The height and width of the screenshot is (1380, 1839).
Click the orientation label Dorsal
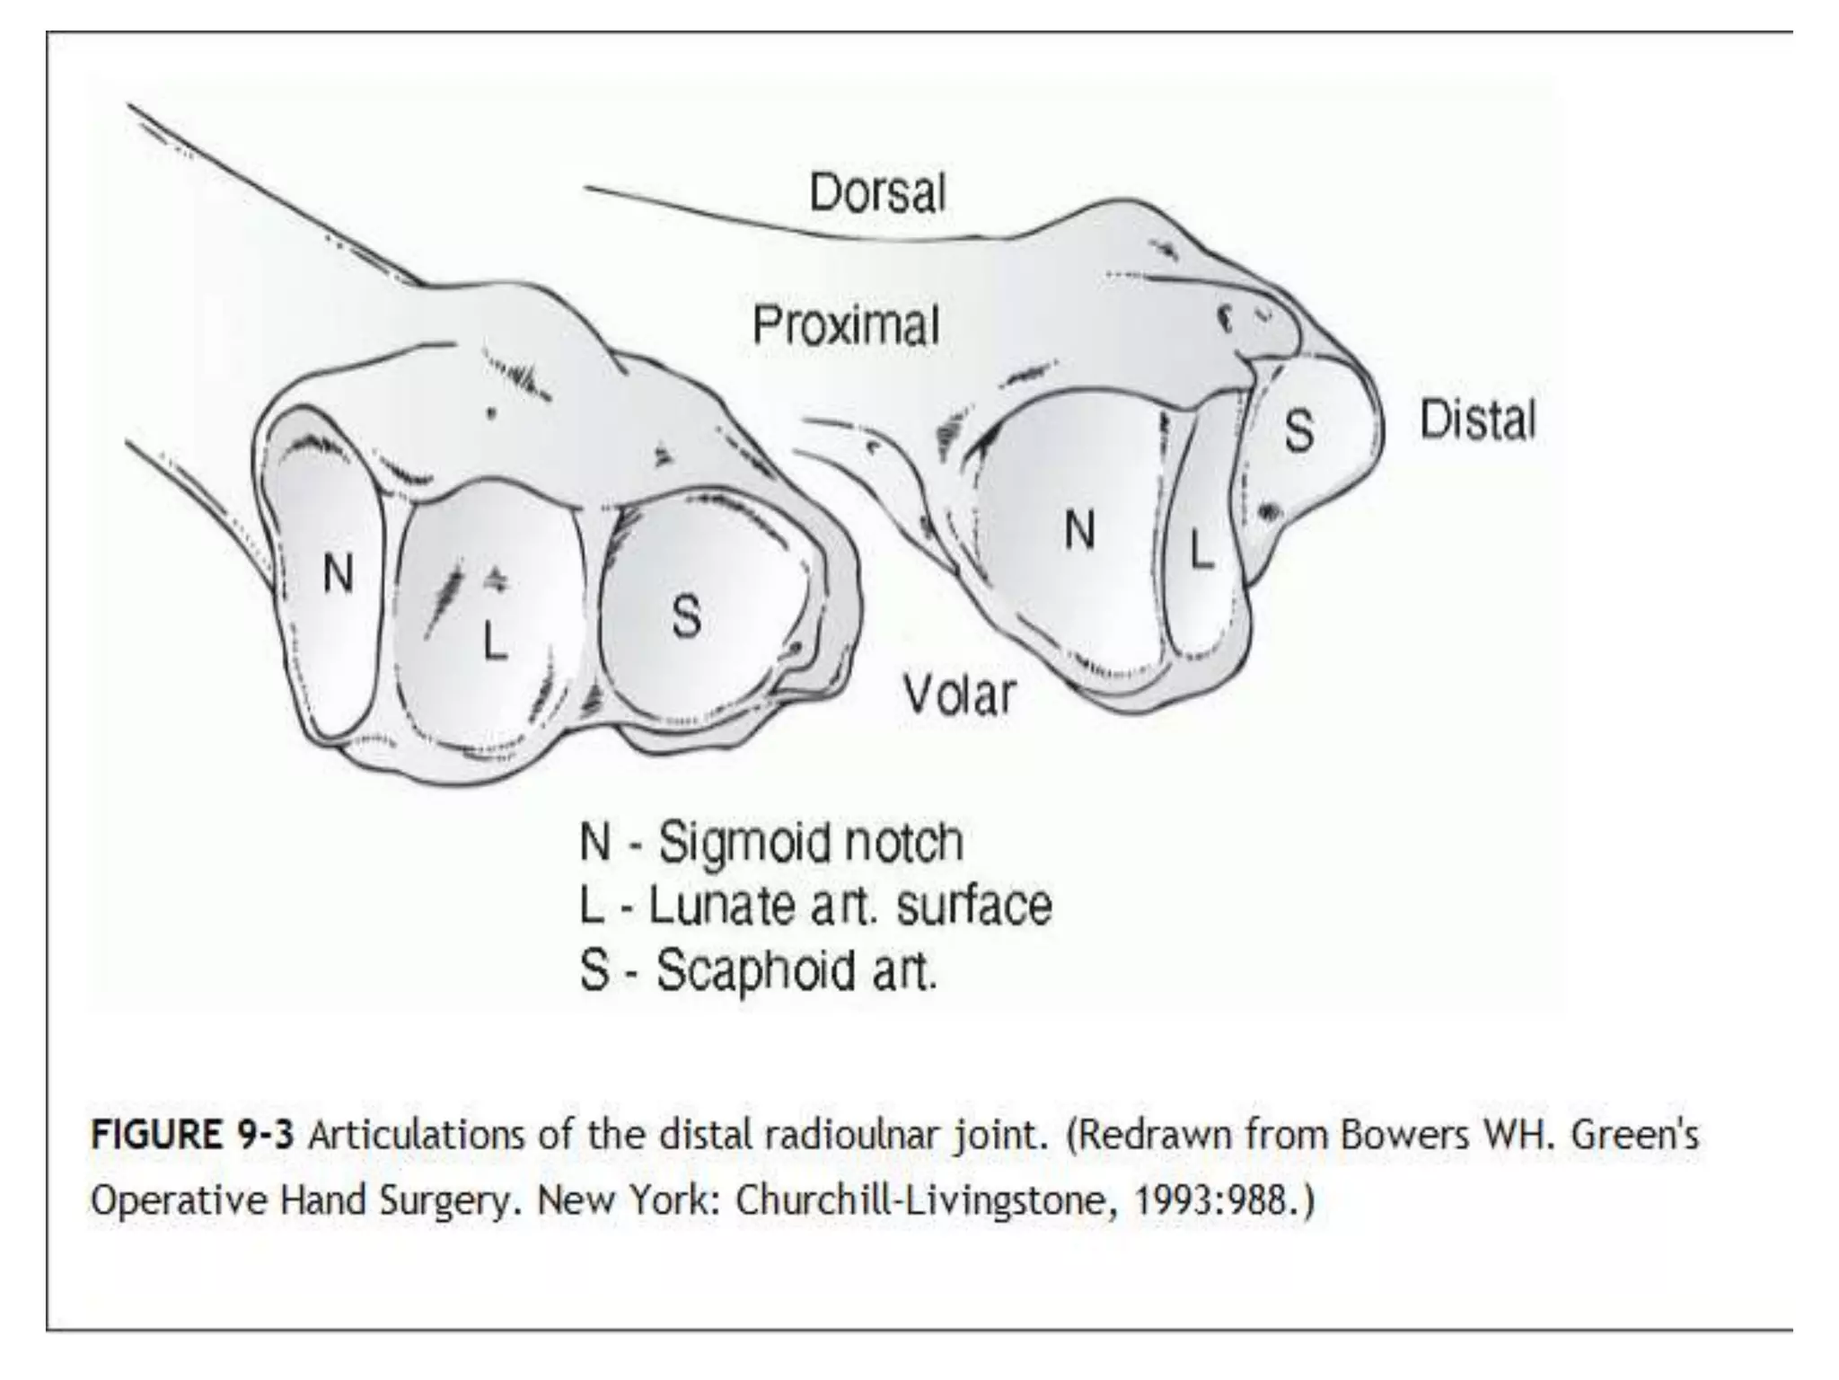pos(877,193)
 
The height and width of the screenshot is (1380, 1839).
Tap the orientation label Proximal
pos(846,325)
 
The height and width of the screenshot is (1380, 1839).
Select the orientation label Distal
pos(1477,421)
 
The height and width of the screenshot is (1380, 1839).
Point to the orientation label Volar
pos(959,694)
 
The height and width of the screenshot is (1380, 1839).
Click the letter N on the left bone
pos(338,573)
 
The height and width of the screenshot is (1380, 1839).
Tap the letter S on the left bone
pos(686,616)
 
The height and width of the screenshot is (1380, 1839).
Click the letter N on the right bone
pos(1079,530)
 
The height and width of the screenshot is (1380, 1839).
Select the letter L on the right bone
pos(1201,549)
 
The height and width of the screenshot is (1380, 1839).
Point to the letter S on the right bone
pos(1298,431)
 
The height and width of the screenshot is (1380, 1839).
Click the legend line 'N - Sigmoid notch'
pos(770,843)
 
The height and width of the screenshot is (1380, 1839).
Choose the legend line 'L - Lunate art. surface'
pos(814,906)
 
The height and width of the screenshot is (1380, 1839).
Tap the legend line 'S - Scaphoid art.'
pos(758,970)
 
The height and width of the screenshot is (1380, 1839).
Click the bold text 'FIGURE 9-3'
pos(192,1136)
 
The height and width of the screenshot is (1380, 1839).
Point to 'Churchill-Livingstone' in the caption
pos(927,1200)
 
